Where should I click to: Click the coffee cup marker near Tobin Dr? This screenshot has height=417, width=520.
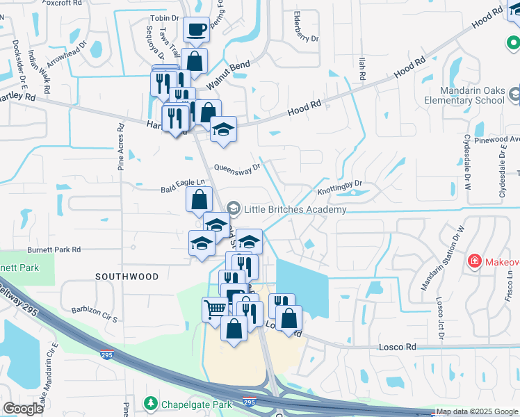point(197,30)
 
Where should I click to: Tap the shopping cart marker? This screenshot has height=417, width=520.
point(215,308)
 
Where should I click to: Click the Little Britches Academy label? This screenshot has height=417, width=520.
point(295,209)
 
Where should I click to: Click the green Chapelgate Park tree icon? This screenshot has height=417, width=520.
point(150,403)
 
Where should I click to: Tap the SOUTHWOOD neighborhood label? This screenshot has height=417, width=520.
point(127,277)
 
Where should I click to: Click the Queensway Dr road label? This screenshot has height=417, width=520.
point(237,167)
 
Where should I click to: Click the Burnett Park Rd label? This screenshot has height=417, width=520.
point(54,249)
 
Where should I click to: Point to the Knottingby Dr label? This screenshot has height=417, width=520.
point(340,185)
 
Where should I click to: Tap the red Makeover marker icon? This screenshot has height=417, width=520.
point(475,261)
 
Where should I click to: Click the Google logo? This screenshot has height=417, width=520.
point(23,409)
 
